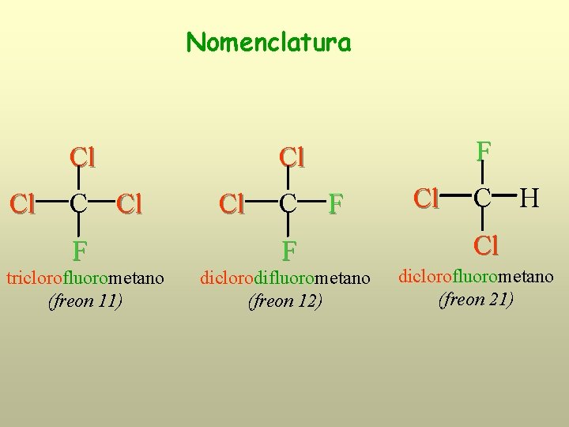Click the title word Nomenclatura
[x=269, y=41]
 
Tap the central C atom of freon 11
[x=78, y=204]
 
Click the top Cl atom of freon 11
[x=82, y=157]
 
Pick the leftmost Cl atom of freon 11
[x=22, y=204]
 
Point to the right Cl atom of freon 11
[x=129, y=204]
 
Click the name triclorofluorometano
[x=85, y=278]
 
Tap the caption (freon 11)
[x=85, y=301]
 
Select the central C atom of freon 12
[x=288, y=204]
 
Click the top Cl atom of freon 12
[x=292, y=157]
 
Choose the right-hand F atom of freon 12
[x=336, y=204]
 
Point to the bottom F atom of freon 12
[x=289, y=251]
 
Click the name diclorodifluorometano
[x=285, y=278]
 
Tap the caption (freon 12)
[x=285, y=301]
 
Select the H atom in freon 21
[x=529, y=198]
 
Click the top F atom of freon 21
[x=483, y=150]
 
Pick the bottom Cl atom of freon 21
[x=486, y=246]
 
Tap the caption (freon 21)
[x=477, y=300]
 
